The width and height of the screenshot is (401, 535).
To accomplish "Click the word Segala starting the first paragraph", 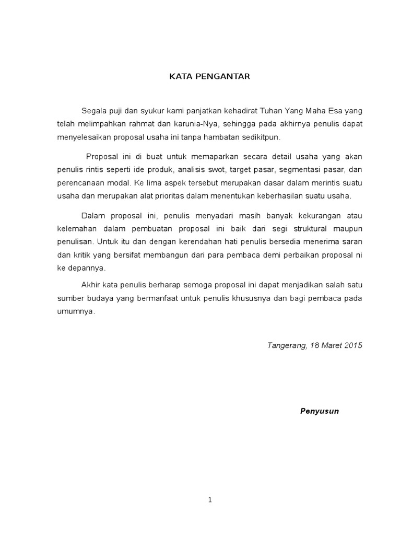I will [x=93, y=111].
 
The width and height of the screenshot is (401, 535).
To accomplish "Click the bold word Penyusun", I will [x=320, y=411].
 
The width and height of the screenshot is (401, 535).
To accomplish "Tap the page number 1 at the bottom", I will [x=210, y=500].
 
